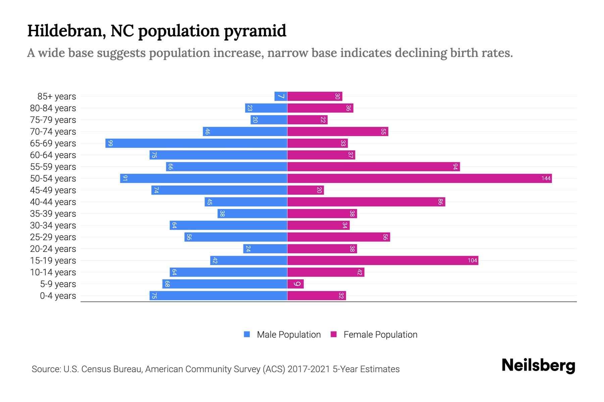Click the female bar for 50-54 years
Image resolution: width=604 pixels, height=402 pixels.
point(419,178)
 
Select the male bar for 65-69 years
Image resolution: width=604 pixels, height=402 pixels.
point(196,143)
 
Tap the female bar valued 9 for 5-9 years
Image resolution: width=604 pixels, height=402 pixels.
point(295,284)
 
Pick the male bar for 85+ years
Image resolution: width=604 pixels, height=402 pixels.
point(281,96)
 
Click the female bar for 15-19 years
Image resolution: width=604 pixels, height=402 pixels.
point(383,260)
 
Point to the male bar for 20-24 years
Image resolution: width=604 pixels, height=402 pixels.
point(265,249)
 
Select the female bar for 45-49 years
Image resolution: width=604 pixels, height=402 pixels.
point(305,190)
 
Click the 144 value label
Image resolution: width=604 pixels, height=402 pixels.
point(546,178)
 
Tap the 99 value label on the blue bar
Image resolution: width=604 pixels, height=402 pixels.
point(110,143)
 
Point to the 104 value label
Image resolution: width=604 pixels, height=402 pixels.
point(472,260)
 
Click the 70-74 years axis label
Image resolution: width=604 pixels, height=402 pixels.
point(53,131)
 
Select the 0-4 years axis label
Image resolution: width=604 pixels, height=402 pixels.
point(58,295)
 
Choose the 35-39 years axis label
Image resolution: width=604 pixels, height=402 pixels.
point(53,213)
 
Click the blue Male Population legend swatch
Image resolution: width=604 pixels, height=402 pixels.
point(247,334)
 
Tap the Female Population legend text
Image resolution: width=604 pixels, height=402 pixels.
point(380,334)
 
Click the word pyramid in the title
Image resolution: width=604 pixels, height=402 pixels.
point(255,31)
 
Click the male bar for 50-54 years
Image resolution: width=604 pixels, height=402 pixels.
point(204,178)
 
